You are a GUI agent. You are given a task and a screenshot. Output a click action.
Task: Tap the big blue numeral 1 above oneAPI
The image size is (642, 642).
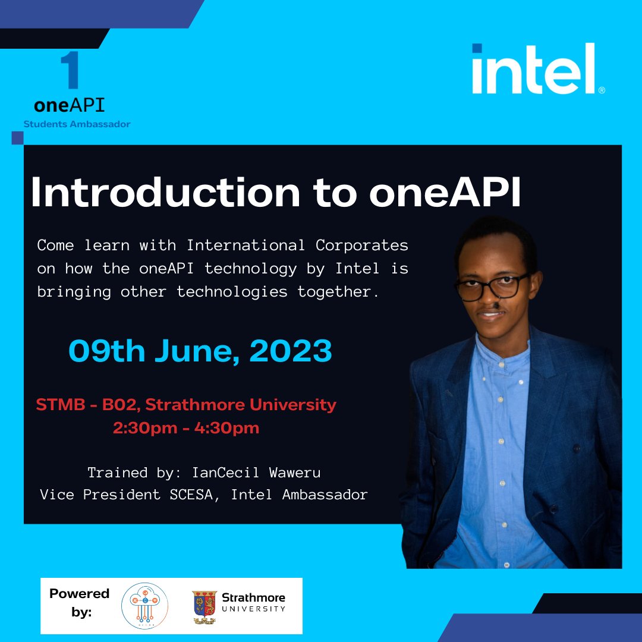(x=71, y=71)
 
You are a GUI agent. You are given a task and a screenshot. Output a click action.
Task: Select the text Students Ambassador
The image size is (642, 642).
(x=77, y=124)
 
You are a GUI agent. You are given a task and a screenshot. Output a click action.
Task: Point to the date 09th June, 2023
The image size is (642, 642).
(x=200, y=351)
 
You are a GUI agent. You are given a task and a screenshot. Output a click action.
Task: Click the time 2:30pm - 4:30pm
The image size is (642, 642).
(x=186, y=428)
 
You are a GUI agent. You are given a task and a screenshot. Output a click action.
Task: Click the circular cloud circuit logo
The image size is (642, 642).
(x=144, y=606)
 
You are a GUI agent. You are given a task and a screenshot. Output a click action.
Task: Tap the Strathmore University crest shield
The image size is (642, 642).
(x=203, y=605)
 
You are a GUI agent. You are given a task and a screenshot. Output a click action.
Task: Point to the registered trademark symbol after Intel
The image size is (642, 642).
(x=602, y=90)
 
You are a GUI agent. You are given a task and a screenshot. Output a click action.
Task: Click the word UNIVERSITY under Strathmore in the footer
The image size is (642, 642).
(x=253, y=609)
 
